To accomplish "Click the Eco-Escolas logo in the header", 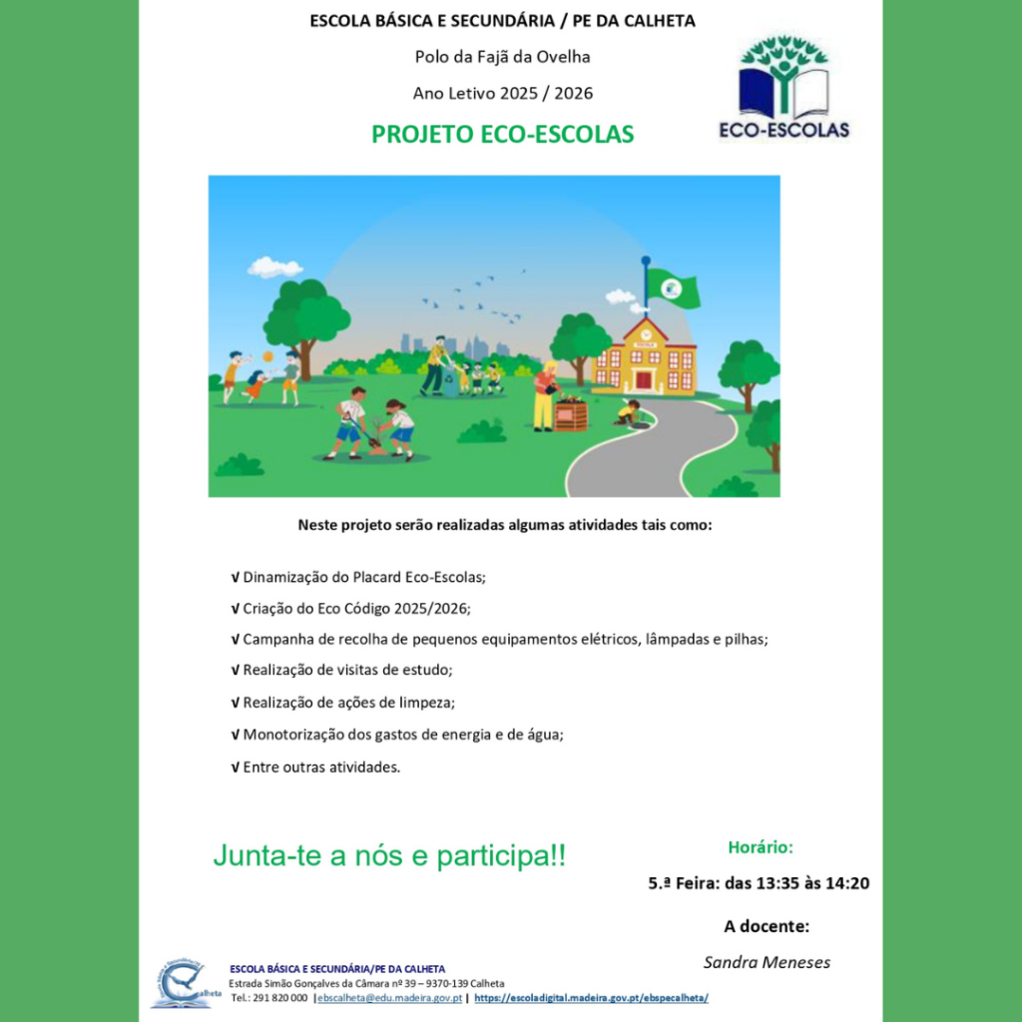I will point(783,88).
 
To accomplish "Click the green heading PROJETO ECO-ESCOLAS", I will point(502,135).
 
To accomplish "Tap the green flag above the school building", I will point(672,287).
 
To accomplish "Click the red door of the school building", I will point(644,379).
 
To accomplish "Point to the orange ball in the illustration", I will point(267,356).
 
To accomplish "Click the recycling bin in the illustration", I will point(451,385).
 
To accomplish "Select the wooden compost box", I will point(571,413).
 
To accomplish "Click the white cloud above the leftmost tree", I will point(274,266).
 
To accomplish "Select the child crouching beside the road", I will point(628,412).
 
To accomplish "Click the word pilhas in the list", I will point(745,639).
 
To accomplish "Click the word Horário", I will point(761,847).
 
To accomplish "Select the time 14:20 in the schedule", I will point(844,883).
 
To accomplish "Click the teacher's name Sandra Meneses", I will point(766,962).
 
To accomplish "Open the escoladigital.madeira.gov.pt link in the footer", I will point(591,997).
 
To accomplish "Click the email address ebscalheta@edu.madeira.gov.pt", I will point(389,997).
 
